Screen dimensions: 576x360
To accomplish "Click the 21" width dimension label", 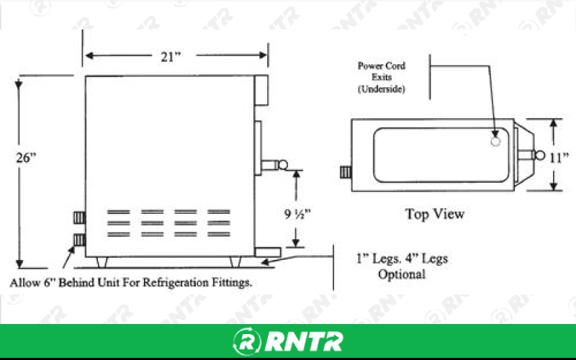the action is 171,57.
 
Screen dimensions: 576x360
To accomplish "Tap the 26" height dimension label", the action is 26,158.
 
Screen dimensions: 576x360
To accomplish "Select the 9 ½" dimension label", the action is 297,213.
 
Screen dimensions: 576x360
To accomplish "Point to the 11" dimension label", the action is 559,158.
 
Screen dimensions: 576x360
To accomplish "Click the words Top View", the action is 435,214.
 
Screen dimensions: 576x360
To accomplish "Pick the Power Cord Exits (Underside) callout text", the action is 382,77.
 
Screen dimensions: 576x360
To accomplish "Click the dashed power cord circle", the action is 495,141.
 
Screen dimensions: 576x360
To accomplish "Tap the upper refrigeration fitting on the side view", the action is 79,218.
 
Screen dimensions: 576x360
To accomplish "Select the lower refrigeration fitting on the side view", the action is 79,240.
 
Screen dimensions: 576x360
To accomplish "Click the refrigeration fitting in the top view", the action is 346,172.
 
